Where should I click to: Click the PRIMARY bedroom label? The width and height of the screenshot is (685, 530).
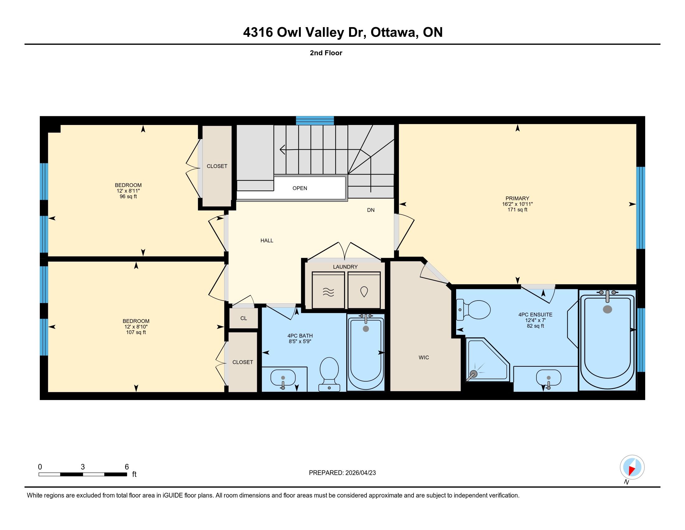(x=517, y=198)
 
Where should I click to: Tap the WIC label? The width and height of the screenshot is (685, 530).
(x=424, y=357)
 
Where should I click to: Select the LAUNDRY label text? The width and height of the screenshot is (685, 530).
(x=345, y=267)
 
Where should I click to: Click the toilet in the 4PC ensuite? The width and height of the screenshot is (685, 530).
(x=473, y=310)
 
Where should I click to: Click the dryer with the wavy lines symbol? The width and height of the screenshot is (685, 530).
(x=328, y=290)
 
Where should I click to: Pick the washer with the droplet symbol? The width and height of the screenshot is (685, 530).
(x=364, y=290)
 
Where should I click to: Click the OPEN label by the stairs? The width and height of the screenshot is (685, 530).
(x=300, y=188)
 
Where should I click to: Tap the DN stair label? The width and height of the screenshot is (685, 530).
(x=371, y=210)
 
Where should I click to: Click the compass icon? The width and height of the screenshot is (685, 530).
(x=632, y=467)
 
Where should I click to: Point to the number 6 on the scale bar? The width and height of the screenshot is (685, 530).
(x=127, y=467)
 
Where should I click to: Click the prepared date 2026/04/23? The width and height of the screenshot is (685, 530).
(x=360, y=473)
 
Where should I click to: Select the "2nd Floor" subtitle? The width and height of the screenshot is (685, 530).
(x=326, y=53)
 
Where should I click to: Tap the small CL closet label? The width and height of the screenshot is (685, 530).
(x=244, y=318)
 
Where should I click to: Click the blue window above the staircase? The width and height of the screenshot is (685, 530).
(x=315, y=121)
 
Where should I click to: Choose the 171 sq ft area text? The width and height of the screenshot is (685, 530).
(x=517, y=210)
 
